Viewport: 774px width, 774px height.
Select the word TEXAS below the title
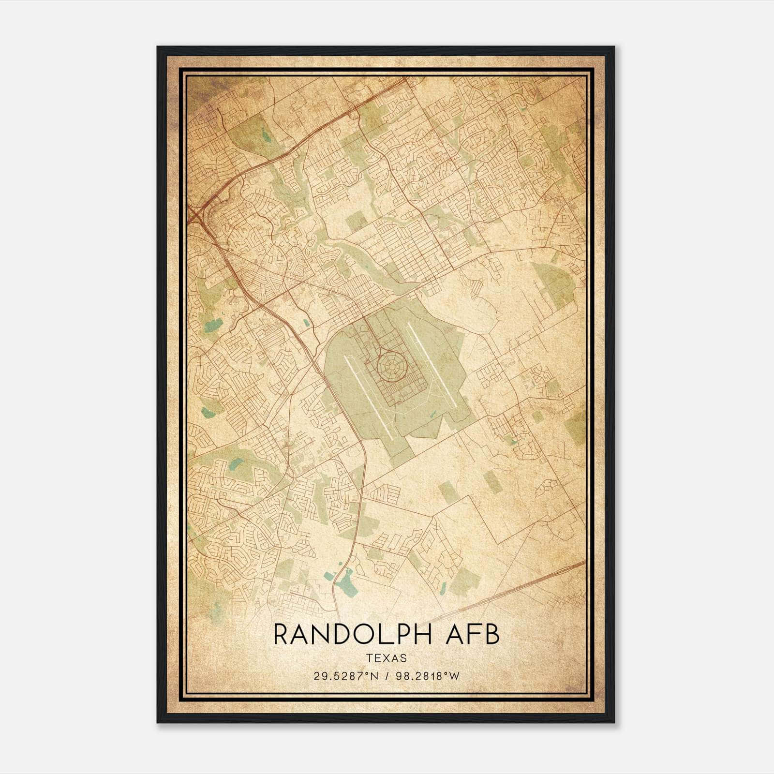click(x=386, y=658)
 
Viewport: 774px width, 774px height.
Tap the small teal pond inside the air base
click(x=436, y=412)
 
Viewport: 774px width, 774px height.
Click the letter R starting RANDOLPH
click(x=281, y=634)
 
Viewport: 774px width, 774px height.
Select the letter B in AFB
click(x=492, y=634)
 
